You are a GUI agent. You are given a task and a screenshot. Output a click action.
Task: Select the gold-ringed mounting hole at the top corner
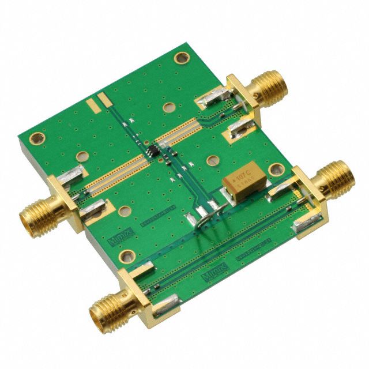click(x=182, y=58)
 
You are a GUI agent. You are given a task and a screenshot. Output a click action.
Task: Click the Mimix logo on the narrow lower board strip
click(x=211, y=278)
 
